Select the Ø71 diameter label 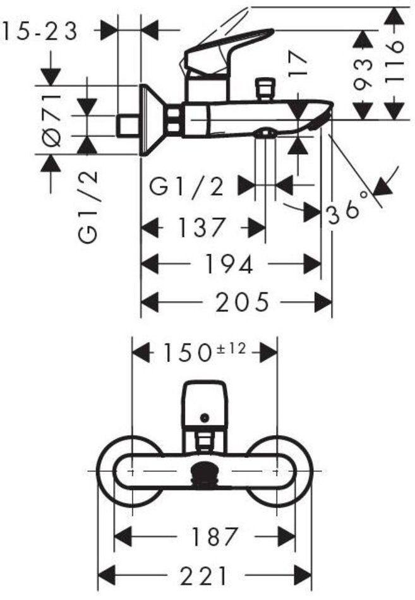coord(52,120)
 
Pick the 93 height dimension coord(363,74)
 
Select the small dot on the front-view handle coord(204,417)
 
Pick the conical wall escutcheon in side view coord(152,120)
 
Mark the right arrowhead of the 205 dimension coord(325,303)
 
